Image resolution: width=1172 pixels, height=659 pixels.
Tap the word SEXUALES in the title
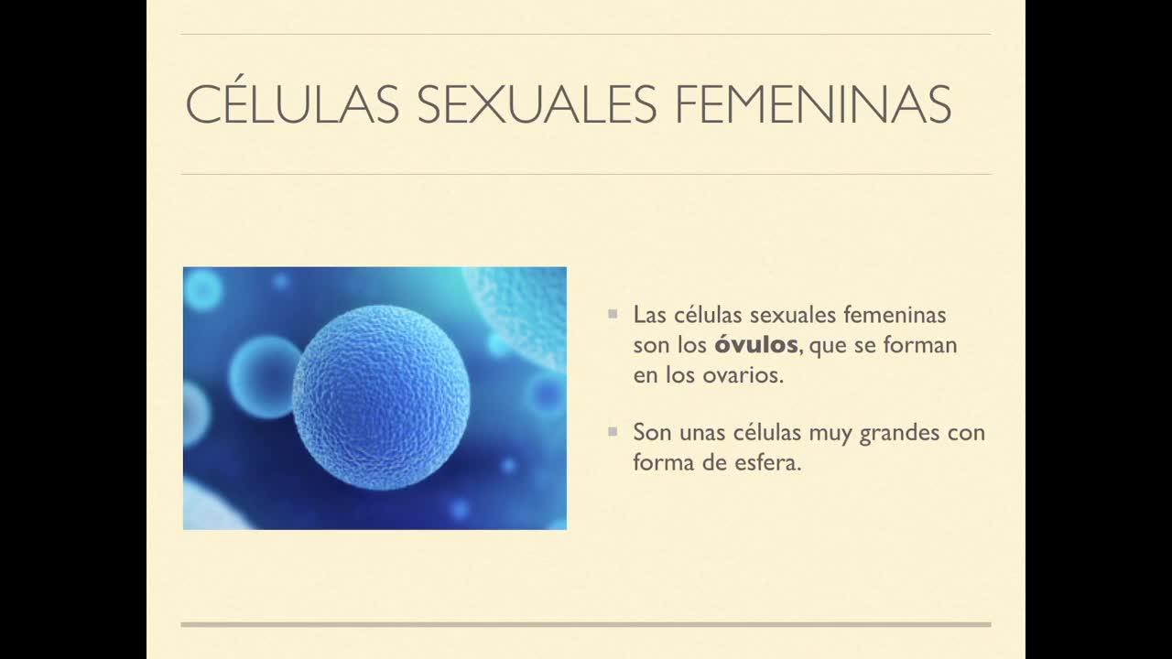point(537,104)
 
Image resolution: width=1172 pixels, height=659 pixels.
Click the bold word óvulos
point(756,345)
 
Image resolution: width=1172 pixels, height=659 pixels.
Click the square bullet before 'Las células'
point(613,314)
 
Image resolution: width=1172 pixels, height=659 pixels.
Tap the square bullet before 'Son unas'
point(613,431)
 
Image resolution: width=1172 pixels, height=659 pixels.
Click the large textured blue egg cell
point(381,397)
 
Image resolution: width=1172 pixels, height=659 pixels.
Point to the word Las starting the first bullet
point(649,315)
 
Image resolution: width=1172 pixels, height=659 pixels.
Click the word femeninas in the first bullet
point(895,315)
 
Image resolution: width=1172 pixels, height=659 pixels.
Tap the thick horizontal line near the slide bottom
point(586,624)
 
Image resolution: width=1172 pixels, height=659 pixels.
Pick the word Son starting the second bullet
point(653,433)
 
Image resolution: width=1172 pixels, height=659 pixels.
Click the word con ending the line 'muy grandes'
point(967,434)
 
